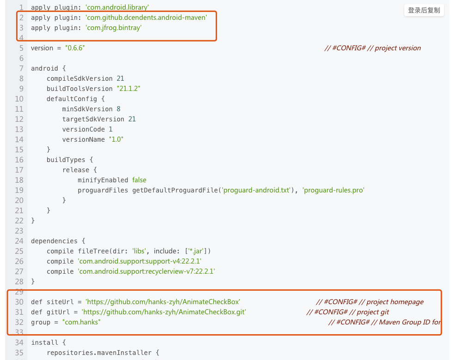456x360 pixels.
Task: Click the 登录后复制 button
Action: pyautogui.click(x=424, y=10)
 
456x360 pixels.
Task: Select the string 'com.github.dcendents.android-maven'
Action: pyautogui.click(x=146, y=18)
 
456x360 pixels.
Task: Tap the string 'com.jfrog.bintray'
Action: pyautogui.click(x=114, y=28)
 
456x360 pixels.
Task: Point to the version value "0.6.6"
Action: pyautogui.click(x=75, y=48)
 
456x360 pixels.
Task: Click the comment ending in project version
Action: pyautogui.click(x=372, y=48)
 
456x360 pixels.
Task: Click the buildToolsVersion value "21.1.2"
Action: pyautogui.click(x=128, y=89)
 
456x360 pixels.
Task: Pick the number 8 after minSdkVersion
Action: pyautogui.click(x=118, y=109)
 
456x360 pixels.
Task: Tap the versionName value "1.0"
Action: pyautogui.click(x=116, y=139)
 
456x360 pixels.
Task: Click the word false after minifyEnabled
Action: pyautogui.click(x=139, y=180)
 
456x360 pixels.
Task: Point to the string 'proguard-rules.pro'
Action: pyautogui.click(x=333, y=190)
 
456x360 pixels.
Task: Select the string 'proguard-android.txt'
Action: pyautogui.click(x=259, y=190)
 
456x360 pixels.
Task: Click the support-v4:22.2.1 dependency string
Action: pyautogui.click(x=139, y=261)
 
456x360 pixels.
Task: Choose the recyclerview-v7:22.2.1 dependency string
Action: pyautogui.click(x=146, y=271)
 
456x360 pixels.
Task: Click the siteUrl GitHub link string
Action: pyautogui.click(x=163, y=302)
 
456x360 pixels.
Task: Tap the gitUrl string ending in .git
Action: pyautogui.click(x=164, y=312)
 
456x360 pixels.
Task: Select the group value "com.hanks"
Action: pyautogui.click(x=81, y=322)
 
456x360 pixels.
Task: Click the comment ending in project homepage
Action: pyautogui.click(x=370, y=302)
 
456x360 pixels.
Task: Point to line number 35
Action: pyautogui.click(x=19, y=353)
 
